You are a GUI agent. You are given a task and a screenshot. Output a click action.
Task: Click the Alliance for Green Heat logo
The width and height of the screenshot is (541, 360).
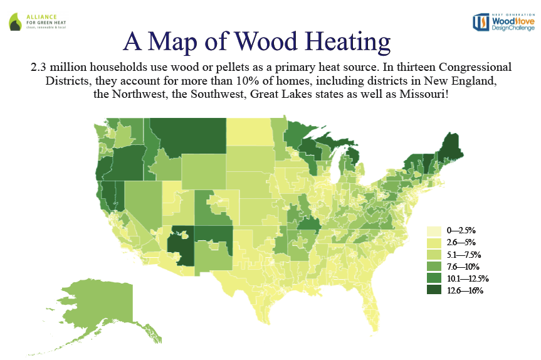click(x=39, y=21)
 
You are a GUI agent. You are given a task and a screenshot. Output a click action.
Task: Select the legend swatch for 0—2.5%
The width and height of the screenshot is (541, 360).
click(x=433, y=231)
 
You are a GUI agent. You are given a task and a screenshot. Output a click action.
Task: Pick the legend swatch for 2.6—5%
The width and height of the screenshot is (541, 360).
click(x=433, y=243)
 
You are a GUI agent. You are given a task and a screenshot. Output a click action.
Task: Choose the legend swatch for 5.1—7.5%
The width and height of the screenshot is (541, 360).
click(x=433, y=255)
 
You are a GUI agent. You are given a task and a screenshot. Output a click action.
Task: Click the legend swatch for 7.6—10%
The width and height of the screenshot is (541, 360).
click(x=433, y=267)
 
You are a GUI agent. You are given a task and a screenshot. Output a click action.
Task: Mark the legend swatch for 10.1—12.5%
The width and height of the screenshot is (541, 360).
click(x=433, y=278)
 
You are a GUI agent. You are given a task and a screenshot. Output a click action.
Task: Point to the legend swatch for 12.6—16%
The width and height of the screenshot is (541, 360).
click(x=433, y=290)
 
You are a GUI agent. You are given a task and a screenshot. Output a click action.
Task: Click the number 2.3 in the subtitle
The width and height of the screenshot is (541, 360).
click(x=41, y=66)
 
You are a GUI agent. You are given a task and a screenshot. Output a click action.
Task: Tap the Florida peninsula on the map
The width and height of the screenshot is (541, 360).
click(x=370, y=301)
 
